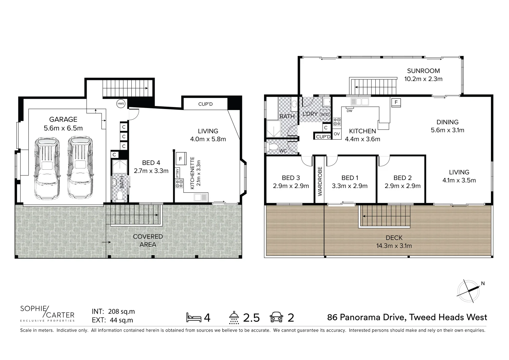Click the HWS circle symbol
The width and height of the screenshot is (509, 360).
pyautogui.click(x=121, y=104)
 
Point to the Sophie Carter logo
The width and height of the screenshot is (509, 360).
pyautogui.click(x=47, y=313)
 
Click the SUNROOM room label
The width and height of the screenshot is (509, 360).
pyautogui.click(x=423, y=71)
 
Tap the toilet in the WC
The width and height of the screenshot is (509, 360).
pyautogui.click(x=273, y=147)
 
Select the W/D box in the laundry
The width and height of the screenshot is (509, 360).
pyautogui.click(x=325, y=115)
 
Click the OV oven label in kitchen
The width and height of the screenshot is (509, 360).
pyautogui.click(x=337, y=134)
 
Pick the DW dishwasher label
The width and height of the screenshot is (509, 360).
pyautogui.click(x=349, y=111)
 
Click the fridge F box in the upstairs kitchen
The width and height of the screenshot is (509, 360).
pyautogui.click(x=396, y=102)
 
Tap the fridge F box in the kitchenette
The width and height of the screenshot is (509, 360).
pyautogui.click(x=180, y=159)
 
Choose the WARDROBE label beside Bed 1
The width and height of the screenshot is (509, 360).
pyautogui.click(x=320, y=181)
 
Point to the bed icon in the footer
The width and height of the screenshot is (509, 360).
pyautogui.click(x=194, y=317)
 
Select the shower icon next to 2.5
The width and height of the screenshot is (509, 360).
pyautogui.click(x=234, y=317)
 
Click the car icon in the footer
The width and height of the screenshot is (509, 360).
pyautogui.click(x=277, y=317)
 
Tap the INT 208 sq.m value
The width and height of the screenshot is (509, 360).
pyautogui.click(x=113, y=312)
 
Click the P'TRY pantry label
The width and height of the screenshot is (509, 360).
pyautogui.click(x=178, y=173)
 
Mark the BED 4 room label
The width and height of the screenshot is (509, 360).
pyautogui.click(x=151, y=163)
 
